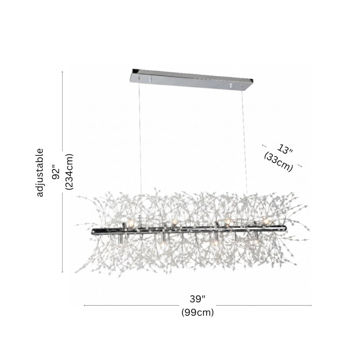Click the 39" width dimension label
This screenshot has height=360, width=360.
pos(198,299)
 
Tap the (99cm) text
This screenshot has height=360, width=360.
pos(198,313)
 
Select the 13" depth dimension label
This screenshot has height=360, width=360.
pos(285,149)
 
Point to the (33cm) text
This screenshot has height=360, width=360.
pos(278,162)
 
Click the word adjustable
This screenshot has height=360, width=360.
pos(40,173)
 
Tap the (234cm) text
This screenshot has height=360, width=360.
pos(69,171)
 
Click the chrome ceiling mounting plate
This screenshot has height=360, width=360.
pos(191,79)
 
